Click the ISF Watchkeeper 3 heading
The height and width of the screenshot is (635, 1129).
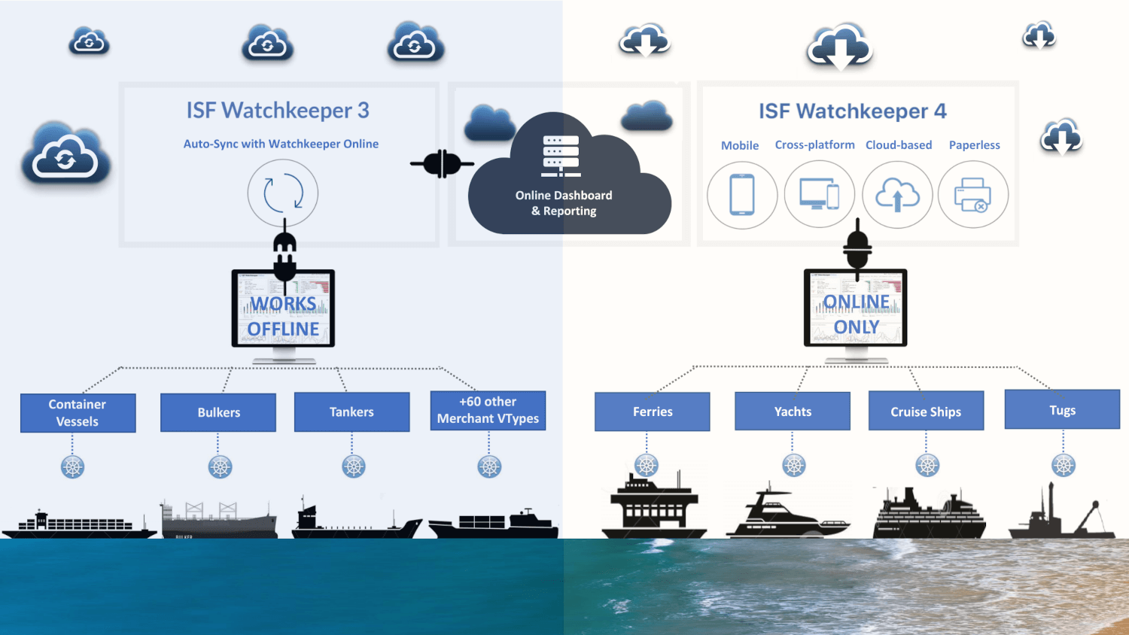tap(278, 111)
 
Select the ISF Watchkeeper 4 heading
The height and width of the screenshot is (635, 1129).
tap(852, 111)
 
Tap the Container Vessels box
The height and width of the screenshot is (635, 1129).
tap(78, 413)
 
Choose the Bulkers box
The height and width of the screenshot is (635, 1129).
tap(218, 412)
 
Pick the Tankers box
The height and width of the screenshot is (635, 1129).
tap(351, 412)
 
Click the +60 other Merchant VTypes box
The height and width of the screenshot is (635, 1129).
tap(488, 410)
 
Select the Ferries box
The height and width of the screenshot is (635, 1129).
tap(652, 412)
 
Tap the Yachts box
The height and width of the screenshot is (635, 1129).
tap(793, 412)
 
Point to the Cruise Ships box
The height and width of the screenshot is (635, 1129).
tap(926, 411)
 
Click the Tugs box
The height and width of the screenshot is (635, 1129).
tap(1062, 409)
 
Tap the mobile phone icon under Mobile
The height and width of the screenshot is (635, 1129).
tap(742, 194)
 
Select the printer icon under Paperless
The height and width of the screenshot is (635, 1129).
tap(972, 195)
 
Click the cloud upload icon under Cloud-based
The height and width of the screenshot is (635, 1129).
tap(897, 195)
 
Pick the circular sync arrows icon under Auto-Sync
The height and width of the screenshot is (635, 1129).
tap(283, 193)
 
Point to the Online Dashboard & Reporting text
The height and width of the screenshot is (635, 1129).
tap(564, 203)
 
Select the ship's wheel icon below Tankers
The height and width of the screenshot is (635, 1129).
tap(354, 466)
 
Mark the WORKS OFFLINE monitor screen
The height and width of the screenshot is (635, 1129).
tap(283, 308)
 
